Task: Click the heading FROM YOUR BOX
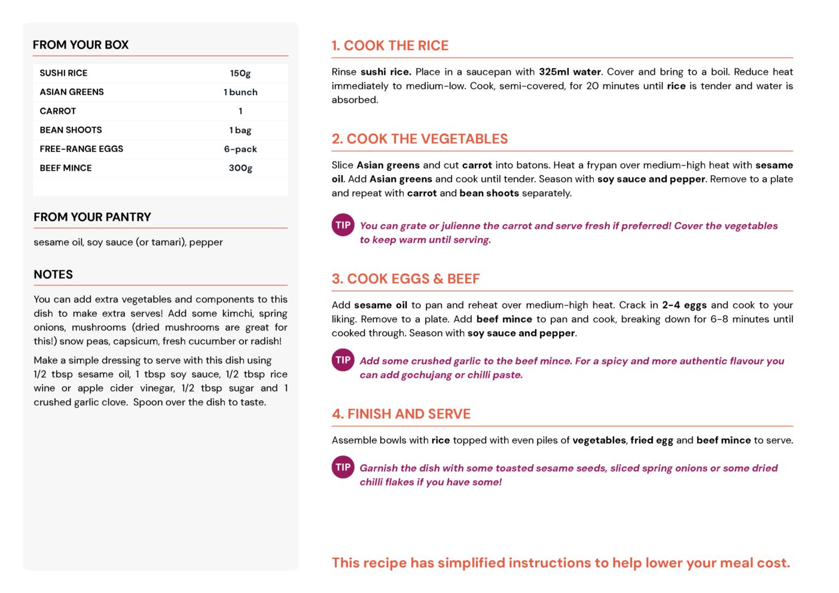(x=81, y=45)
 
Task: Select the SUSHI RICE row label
(x=63, y=73)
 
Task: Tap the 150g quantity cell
(x=240, y=73)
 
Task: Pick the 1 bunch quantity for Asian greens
(x=240, y=92)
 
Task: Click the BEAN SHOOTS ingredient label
(x=71, y=130)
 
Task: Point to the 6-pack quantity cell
(x=240, y=149)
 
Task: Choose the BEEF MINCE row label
(x=66, y=168)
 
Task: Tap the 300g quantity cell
(x=240, y=168)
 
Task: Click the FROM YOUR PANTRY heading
(x=92, y=217)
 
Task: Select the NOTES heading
(x=53, y=274)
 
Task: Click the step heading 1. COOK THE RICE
(x=390, y=45)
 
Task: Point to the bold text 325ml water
(x=569, y=72)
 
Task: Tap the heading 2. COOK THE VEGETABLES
(x=419, y=139)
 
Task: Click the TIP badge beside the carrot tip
(x=343, y=225)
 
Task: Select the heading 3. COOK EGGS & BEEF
(x=405, y=279)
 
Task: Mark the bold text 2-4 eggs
(x=684, y=305)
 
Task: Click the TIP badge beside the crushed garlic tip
(x=343, y=360)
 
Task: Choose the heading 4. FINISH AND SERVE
(x=401, y=414)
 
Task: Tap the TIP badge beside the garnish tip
(x=343, y=467)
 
